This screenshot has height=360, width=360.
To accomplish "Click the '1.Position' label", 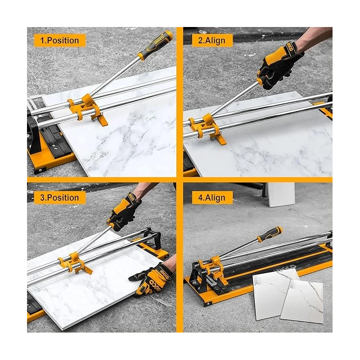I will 59,40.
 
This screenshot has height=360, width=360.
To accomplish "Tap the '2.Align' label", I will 214,40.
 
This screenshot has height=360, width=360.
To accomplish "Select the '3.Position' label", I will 59,198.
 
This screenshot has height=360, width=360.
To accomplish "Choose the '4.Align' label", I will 214,198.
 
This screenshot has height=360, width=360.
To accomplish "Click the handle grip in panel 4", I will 270,234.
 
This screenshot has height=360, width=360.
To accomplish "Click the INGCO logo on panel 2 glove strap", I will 290,47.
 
